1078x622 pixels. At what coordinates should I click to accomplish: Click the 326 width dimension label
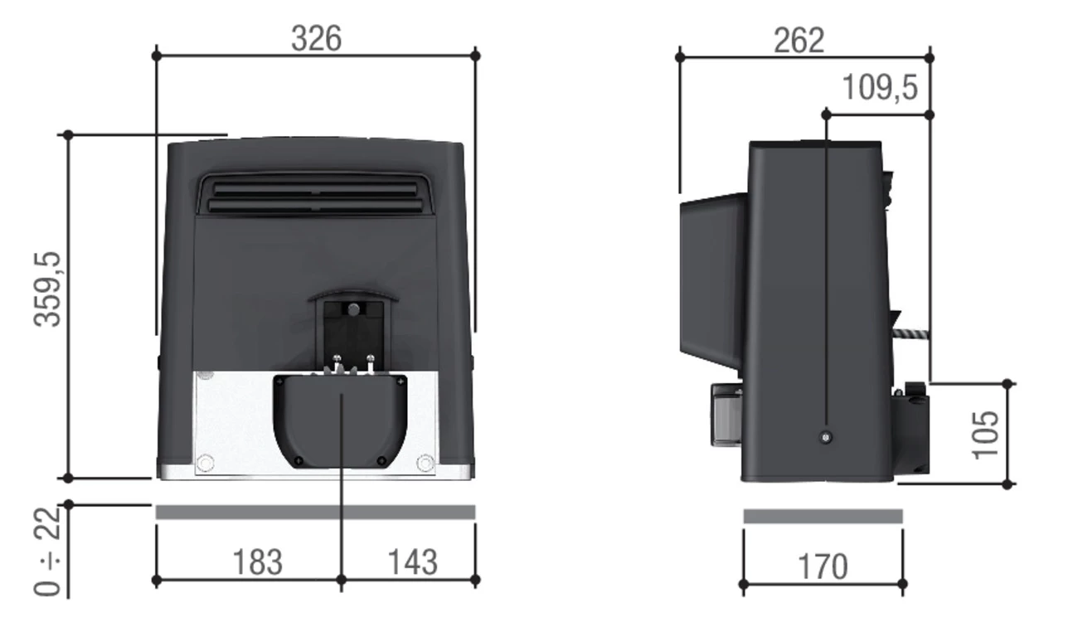point(316,38)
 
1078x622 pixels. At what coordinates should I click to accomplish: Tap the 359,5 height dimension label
point(48,290)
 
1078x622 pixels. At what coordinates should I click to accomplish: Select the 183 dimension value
point(257,562)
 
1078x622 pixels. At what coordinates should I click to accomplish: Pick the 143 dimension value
point(412,562)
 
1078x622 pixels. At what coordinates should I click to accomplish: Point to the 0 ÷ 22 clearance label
point(48,551)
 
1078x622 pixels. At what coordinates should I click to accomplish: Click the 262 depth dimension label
point(799,40)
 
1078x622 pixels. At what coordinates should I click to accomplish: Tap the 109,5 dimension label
point(880,87)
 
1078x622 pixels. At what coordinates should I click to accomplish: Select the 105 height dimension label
point(985,433)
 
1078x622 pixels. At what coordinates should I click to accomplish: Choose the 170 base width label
point(823,568)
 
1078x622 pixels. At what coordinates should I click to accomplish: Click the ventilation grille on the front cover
point(315,195)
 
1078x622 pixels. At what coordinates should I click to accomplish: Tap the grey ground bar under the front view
point(315,513)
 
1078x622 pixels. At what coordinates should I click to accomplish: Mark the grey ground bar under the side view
point(823,516)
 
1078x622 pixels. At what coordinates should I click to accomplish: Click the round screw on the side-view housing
point(826,438)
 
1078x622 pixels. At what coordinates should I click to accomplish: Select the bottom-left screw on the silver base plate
point(206,463)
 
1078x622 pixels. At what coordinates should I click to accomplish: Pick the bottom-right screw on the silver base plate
point(425,463)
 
